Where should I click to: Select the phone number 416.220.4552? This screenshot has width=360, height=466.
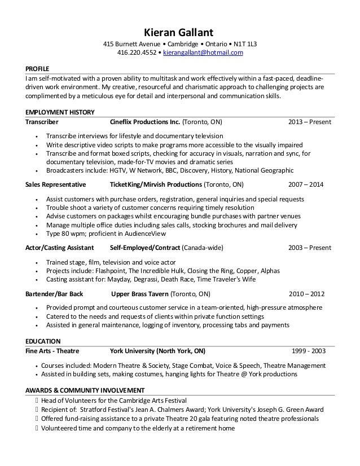click(x=137, y=53)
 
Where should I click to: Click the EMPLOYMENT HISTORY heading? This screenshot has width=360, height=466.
click(x=60, y=112)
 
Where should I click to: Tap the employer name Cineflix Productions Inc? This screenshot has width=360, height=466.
click(x=145, y=122)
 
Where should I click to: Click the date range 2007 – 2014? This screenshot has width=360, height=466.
click(x=305, y=184)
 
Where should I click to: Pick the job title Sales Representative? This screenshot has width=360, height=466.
click(x=56, y=184)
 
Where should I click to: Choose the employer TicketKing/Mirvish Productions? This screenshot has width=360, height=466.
click(x=156, y=184)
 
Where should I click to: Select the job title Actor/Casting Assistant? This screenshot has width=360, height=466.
click(x=59, y=248)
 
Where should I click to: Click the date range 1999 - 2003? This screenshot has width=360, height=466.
click(x=308, y=350)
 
